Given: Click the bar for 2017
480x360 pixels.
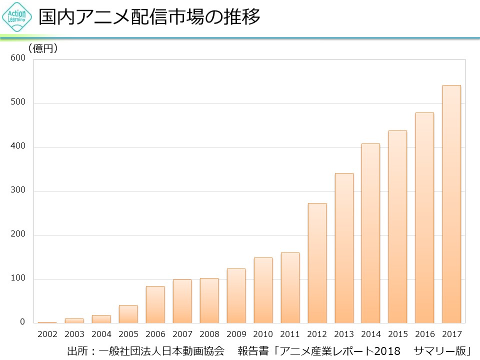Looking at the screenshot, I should (451, 204).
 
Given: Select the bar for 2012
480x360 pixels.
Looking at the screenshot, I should (317, 263).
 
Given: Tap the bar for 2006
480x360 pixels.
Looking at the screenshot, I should (155, 304).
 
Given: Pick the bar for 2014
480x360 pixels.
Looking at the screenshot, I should (370, 233).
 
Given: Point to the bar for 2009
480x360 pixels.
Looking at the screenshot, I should (236, 295).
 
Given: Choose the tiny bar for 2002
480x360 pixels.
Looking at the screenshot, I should (47, 322).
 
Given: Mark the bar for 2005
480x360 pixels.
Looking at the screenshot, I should (128, 314).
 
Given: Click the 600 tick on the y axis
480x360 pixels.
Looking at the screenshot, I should (18, 58).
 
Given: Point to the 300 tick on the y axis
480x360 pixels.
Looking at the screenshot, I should (18, 190).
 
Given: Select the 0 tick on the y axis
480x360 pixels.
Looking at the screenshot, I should (22, 322).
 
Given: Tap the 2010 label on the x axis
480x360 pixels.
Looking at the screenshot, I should (263, 334).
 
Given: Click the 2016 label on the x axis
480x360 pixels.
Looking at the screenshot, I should (424, 334).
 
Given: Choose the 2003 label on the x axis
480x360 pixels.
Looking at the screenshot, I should (74, 334).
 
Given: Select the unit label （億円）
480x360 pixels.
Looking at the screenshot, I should (43, 48).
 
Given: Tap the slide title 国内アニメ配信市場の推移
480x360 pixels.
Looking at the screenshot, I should (150, 17).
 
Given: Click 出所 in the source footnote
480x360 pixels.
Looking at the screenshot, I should (76, 351).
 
